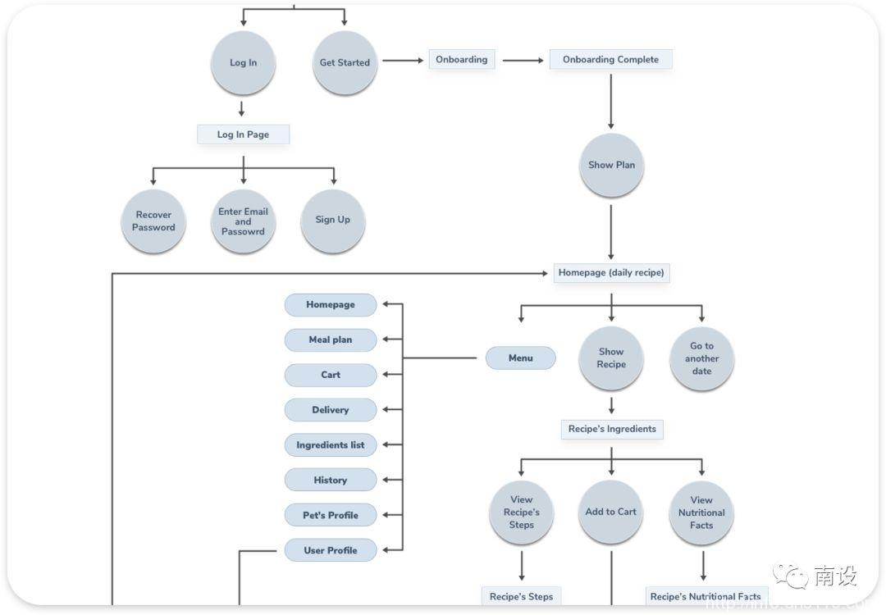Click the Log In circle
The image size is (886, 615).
coord(243,62)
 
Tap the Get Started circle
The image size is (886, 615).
coord(345,62)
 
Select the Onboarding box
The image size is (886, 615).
coord(462,60)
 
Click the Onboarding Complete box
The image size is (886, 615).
coord(610,60)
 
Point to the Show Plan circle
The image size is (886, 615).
coord(611,165)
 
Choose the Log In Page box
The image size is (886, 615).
coord(243,134)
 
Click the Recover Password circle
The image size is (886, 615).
coord(153,221)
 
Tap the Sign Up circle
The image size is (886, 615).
coord(332,220)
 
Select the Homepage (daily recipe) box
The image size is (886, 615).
coord(611,273)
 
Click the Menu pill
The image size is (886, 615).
coord(520,358)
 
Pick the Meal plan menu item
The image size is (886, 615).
coord(331,340)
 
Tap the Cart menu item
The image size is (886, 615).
coord(331,376)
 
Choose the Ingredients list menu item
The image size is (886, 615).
coord(331,445)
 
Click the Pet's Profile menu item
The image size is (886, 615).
coord(331,516)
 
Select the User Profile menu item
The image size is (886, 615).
coord(331,550)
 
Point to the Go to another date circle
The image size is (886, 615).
coord(701,358)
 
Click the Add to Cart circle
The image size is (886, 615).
coord(610,512)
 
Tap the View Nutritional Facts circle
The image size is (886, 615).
coord(701,512)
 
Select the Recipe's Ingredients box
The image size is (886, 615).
coord(612,429)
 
